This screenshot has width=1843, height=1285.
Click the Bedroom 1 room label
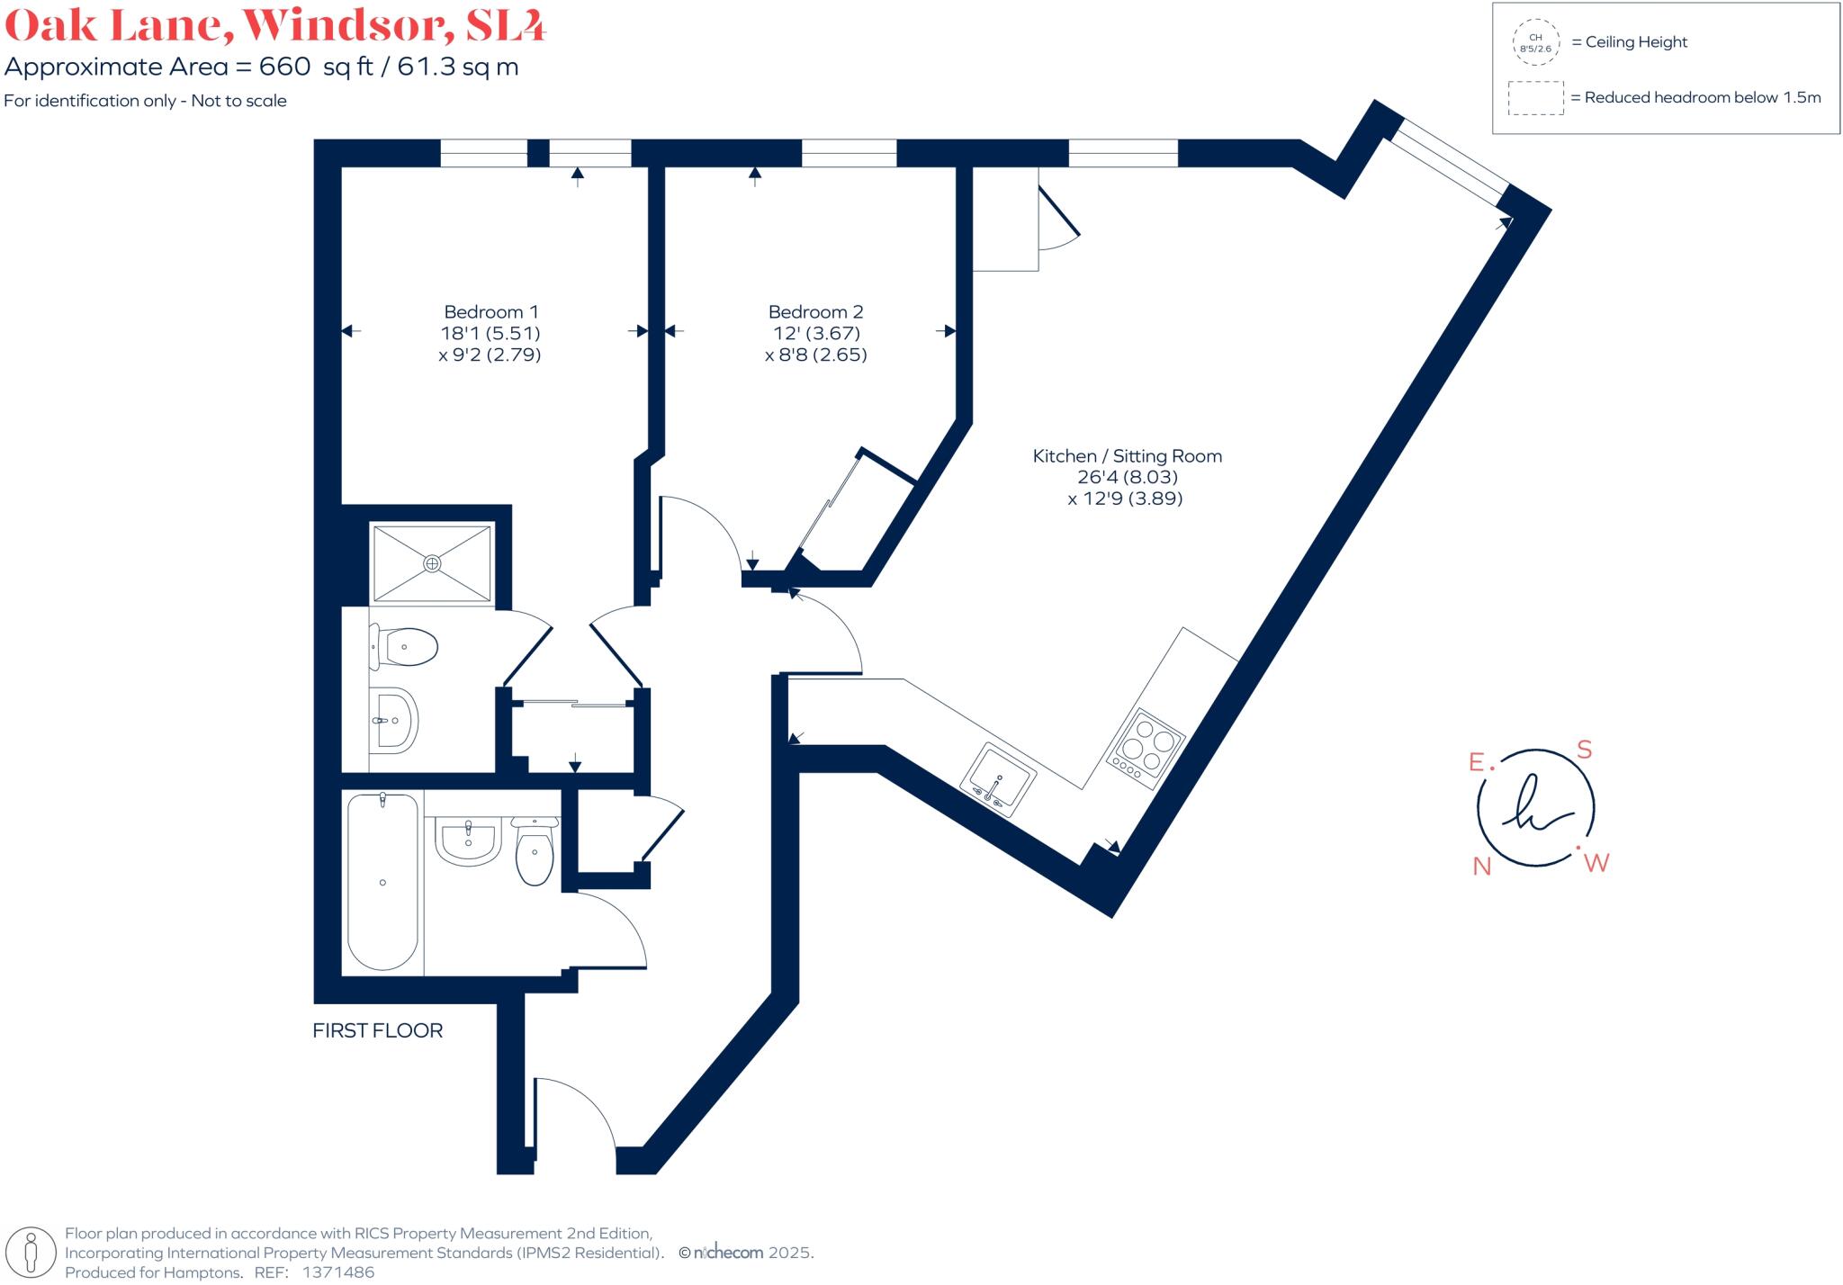point(490,312)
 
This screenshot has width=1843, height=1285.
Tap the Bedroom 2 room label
point(815,312)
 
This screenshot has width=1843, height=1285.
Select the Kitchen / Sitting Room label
point(1127,456)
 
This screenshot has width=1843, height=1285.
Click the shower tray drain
point(433,563)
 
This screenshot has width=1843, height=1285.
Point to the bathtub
point(383,882)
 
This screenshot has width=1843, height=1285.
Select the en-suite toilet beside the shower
point(407,647)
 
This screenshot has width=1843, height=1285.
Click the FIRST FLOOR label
point(377,1030)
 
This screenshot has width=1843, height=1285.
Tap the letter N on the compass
point(1481,867)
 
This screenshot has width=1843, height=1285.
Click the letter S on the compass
point(1585,750)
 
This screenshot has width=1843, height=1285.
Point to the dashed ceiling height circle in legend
point(1535,42)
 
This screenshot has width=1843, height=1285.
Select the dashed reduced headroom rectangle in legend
point(1535,98)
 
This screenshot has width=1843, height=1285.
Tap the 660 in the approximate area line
point(284,67)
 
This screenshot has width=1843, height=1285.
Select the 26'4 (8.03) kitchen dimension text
point(1127,477)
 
